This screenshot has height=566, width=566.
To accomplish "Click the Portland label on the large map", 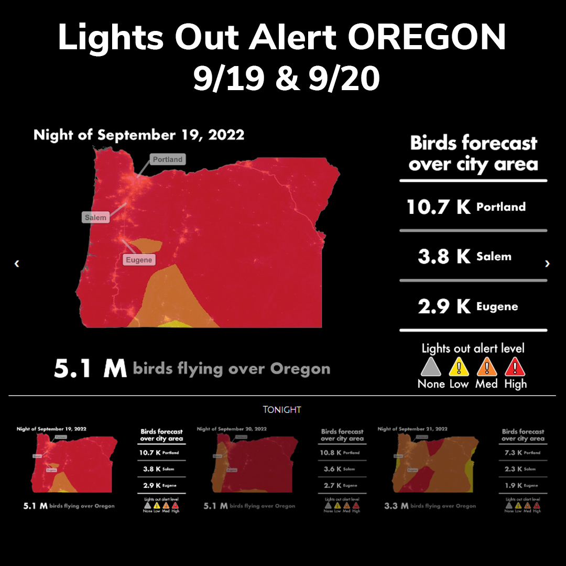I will click(168, 159).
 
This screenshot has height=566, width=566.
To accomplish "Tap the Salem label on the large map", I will click(95, 217).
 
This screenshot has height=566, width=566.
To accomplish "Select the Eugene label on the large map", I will click(139, 260).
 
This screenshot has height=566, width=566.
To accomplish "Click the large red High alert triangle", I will click(515, 367).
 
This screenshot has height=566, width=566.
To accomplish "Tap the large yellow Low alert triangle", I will click(459, 367).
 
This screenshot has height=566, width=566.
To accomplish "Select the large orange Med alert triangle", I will click(487, 367).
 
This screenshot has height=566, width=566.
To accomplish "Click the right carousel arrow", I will click(548, 264).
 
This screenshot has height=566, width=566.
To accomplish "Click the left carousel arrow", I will click(17, 264).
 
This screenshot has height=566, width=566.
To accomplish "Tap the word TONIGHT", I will click(282, 410).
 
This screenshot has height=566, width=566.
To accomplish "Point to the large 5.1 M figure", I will click(90, 369).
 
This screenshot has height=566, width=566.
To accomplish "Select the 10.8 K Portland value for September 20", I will click(340, 452).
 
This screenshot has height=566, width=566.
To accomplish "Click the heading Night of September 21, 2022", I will click(412, 429).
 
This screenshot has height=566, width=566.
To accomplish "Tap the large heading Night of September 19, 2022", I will click(139, 135).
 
